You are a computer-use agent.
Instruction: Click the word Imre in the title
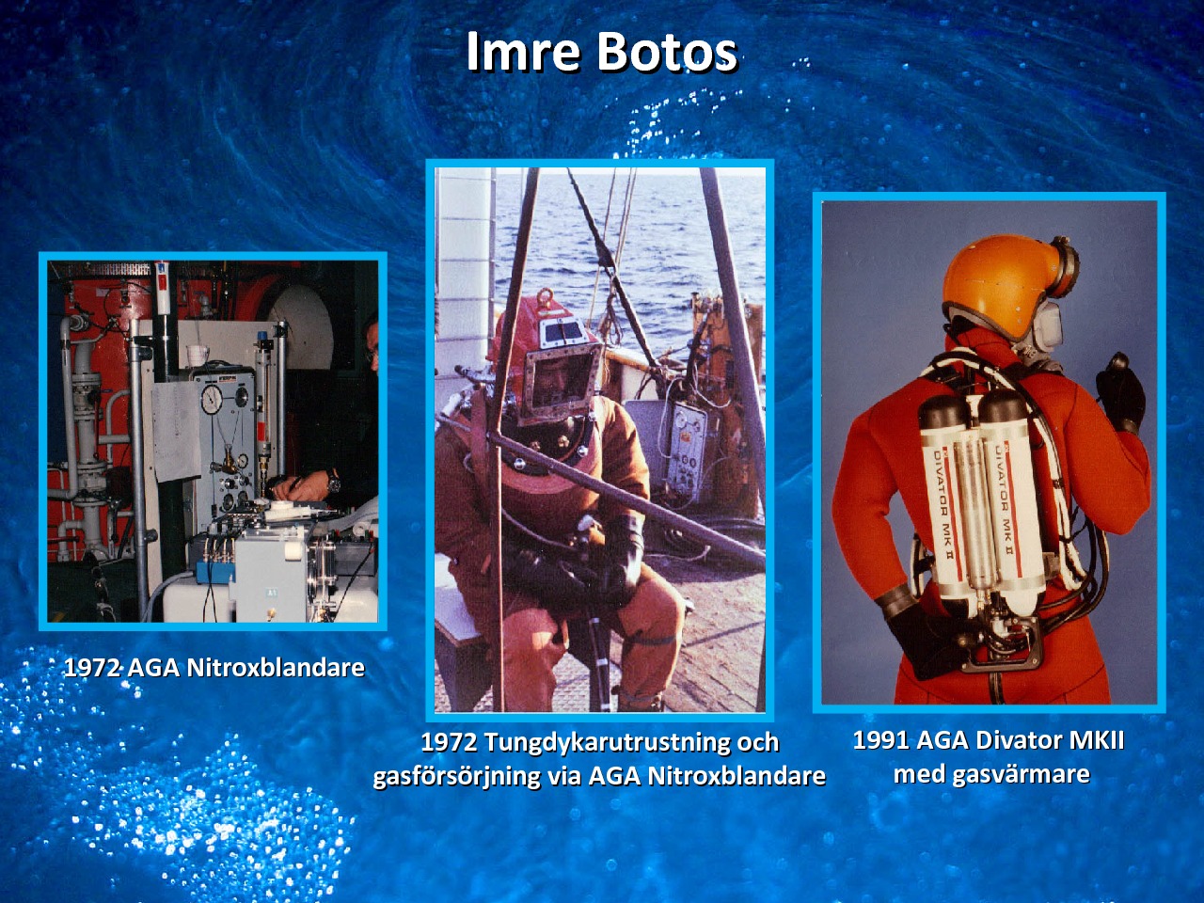point(523,52)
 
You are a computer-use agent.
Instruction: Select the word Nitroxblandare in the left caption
point(276,668)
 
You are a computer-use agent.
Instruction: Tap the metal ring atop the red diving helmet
point(546,299)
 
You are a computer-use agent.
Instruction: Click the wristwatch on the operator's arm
point(333,480)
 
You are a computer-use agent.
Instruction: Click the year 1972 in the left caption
point(92,668)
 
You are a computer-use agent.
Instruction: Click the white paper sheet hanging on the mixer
point(177,433)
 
